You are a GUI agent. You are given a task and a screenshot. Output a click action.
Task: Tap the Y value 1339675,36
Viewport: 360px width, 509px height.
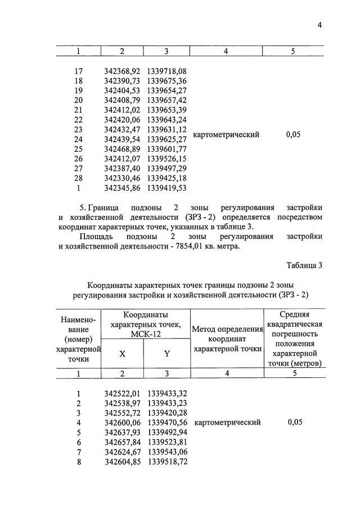pyautogui.click(x=166, y=81)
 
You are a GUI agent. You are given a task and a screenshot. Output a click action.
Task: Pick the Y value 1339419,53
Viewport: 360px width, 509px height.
pyautogui.click(x=166, y=187)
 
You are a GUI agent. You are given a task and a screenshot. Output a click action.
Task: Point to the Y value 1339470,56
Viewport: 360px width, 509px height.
pyautogui.click(x=167, y=422)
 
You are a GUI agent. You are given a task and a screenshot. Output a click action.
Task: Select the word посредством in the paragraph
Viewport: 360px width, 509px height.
pyautogui.click(x=297, y=217)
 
